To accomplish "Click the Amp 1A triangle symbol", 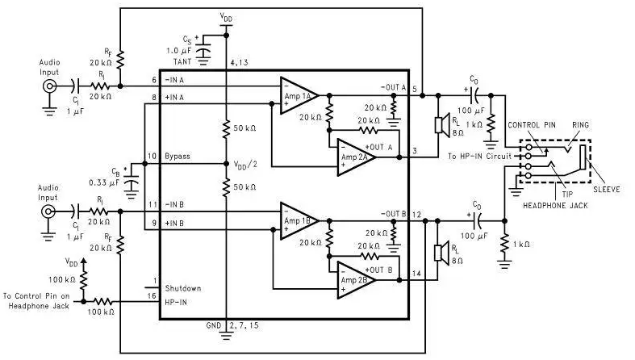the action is tap(299, 95).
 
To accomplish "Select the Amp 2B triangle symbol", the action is tap(356, 280).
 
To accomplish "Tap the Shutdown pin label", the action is tap(183, 288).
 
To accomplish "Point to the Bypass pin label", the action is tap(178, 157).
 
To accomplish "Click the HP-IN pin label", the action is tap(176, 302).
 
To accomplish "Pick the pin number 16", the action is tap(152, 296).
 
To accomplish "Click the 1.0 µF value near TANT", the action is tap(178, 51).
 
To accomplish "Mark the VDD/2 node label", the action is tap(245, 165).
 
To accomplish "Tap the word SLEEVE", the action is tap(607, 189).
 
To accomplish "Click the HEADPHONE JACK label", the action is tap(555, 206).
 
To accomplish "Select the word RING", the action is tap(580, 125).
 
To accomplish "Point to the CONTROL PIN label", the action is tap(532, 125).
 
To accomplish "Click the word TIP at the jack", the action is tap(567, 194).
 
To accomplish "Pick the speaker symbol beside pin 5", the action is tap(442, 125).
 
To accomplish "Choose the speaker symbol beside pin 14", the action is tap(442, 253).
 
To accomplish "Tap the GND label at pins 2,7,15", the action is tap(214, 325).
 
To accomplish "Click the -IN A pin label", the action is tap(174, 80).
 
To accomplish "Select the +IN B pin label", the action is tap(174, 223).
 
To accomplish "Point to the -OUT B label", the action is tap(394, 213).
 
